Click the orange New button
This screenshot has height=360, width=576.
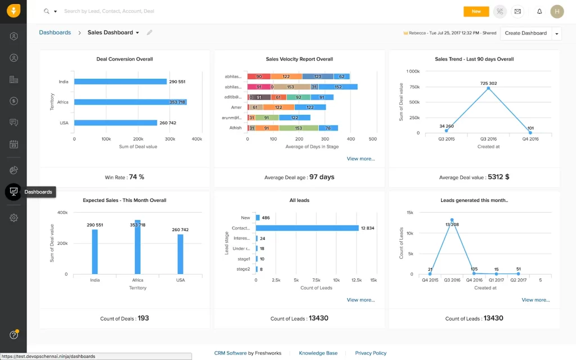pos(476,11)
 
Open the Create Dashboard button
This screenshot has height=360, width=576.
pos(525,33)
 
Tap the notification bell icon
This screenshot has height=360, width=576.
pos(539,11)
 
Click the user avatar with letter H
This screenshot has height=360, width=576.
pos(557,11)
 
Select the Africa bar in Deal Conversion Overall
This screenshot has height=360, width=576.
pos(130,102)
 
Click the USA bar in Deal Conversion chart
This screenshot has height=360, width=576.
pos(115,123)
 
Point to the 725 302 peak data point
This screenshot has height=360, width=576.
pos(488,88)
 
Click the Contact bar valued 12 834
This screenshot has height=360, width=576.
pos(307,228)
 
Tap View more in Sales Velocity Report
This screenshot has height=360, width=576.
pos(361,159)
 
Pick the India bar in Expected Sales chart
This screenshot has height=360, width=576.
pos(95,251)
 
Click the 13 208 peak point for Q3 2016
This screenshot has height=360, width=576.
pos(452,220)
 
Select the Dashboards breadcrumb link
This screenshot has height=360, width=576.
pos(55,33)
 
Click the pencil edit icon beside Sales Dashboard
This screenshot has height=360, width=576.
pos(150,33)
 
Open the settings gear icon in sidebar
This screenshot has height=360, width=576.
pos(13,218)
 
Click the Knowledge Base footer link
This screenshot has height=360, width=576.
pos(318,353)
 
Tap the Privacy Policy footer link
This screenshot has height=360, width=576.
pos(371,353)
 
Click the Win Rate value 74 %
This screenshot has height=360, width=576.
pos(137,177)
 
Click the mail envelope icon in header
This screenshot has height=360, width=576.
pos(517,11)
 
